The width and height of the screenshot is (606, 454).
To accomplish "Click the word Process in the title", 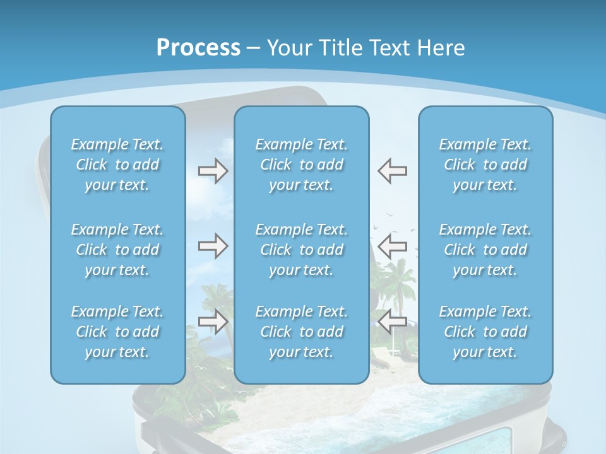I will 198,48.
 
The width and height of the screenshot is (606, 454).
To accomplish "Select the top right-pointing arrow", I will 213,171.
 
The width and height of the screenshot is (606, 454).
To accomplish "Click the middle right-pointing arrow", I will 213,246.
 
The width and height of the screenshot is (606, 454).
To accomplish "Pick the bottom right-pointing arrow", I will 213,322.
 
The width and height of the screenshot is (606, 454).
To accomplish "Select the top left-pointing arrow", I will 393,171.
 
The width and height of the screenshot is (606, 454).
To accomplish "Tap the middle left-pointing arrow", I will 393,246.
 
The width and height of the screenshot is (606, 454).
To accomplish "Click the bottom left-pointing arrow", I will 393,322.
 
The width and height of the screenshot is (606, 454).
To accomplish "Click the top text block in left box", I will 117,165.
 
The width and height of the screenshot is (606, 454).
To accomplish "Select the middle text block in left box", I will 117,250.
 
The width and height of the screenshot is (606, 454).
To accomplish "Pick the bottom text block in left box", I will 117,332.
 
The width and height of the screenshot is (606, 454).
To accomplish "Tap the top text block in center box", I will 302,165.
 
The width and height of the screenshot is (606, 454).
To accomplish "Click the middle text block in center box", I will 302,250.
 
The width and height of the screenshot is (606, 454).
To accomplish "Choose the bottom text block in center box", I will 302,332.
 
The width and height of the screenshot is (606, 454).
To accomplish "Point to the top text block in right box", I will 485,165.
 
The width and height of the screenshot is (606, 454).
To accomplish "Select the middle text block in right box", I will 485,250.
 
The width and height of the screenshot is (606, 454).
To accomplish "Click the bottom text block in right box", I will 485,332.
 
